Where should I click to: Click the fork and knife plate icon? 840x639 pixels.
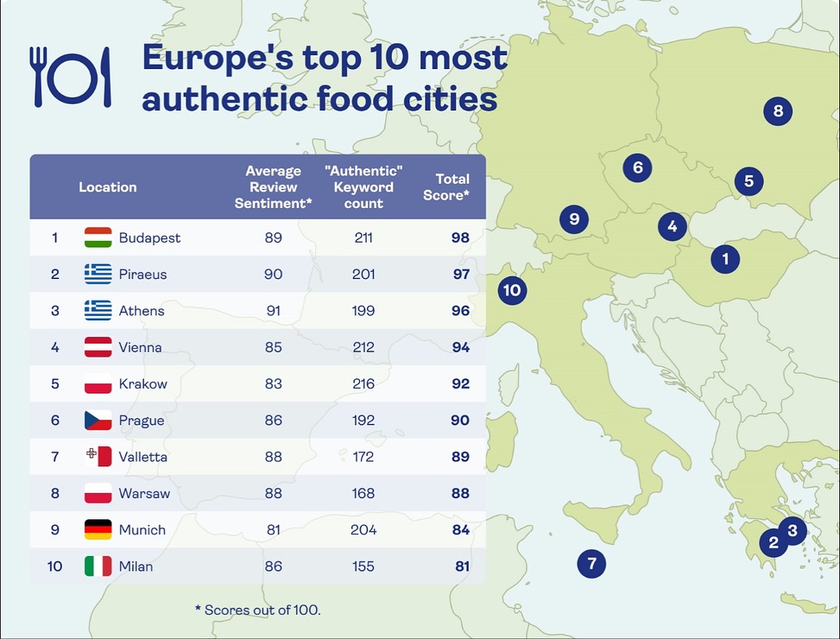coord(72,76)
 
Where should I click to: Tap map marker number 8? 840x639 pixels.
coord(778,111)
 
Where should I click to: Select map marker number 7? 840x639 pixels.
coord(591,564)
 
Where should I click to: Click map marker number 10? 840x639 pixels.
coord(512,290)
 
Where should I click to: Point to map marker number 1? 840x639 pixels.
coord(725,258)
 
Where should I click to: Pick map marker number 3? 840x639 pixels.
coord(792,529)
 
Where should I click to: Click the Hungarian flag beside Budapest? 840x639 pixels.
coord(98,237)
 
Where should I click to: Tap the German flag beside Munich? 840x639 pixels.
coord(98,529)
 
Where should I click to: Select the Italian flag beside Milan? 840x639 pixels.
coord(98,566)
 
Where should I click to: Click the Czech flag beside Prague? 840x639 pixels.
coord(98,421)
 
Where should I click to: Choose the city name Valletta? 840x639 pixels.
coord(143,457)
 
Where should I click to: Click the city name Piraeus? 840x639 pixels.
coord(142,275)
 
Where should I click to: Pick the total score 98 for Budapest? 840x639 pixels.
coord(460,237)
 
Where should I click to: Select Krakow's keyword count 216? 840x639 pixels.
coord(363,383)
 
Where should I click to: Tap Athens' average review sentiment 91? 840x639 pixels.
coord(274,311)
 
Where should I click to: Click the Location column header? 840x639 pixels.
coord(108,187)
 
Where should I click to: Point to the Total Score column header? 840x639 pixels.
coord(452,187)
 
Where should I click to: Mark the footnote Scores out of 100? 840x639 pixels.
coord(257,610)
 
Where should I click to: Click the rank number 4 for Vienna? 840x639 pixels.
coord(55,347)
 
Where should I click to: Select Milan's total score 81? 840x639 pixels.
coord(462,566)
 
